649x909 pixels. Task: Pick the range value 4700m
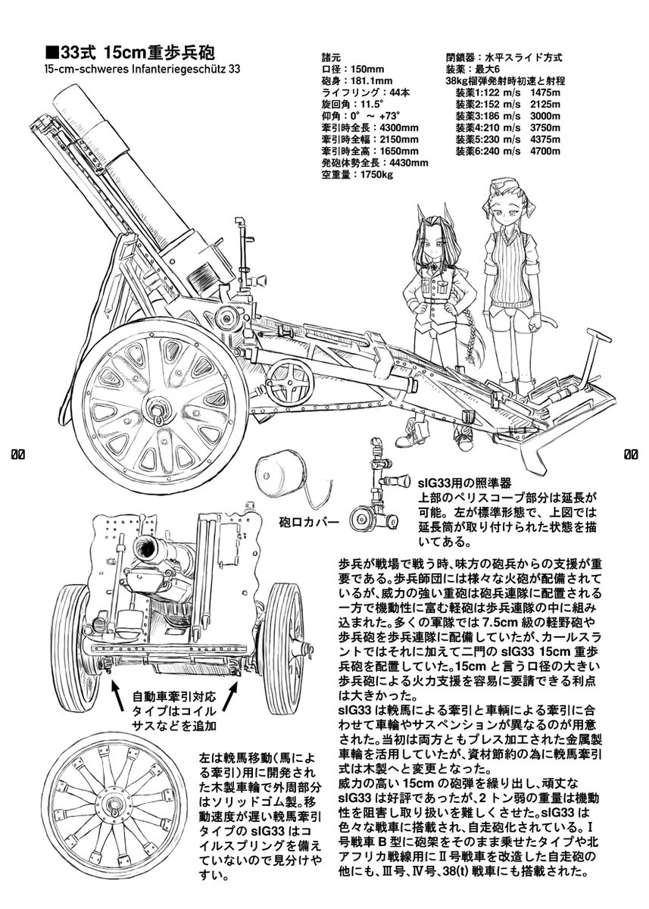[545, 151]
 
